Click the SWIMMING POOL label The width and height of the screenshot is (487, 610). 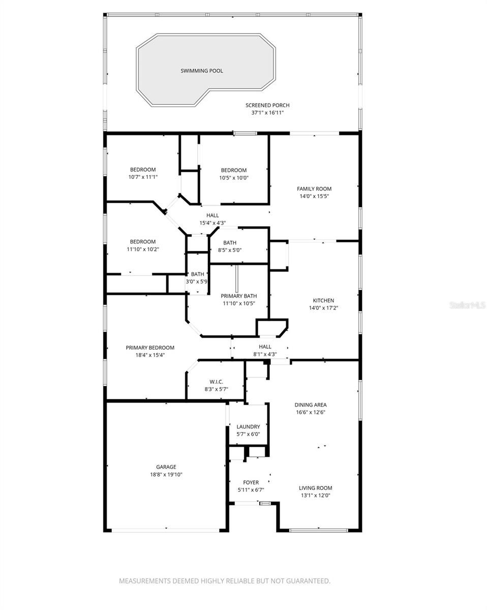(x=202, y=71)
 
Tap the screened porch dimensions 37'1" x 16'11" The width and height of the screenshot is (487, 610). (x=267, y=113)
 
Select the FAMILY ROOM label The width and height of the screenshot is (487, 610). (x=314, y=189)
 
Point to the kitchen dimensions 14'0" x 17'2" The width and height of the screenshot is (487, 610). (x=323, y=308)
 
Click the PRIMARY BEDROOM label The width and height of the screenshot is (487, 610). (x=150, y=348)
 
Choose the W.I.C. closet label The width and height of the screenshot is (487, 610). (x=217, y=381)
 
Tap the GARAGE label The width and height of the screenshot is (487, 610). (x=166, y=467)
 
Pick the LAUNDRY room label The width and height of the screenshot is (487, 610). (x=249, y=426)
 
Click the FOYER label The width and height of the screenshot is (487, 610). (x=251, y=482)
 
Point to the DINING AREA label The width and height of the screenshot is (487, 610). (x=310, y=405)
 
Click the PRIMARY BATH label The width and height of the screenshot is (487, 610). (x=238, y=296)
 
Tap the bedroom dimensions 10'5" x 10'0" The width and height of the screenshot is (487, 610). (x=234, y=178)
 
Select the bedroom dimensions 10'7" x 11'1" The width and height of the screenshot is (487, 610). (x=143, y=177)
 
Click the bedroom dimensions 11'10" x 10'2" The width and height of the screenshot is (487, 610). (x=142, y=249)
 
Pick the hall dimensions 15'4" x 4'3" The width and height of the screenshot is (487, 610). (x=212, y=223)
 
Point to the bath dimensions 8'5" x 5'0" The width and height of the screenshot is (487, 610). (x=230, y=250)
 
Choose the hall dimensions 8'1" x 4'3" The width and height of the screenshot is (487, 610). (x=265, y=354)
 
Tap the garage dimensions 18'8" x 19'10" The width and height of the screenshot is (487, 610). (x=166, y=474)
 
